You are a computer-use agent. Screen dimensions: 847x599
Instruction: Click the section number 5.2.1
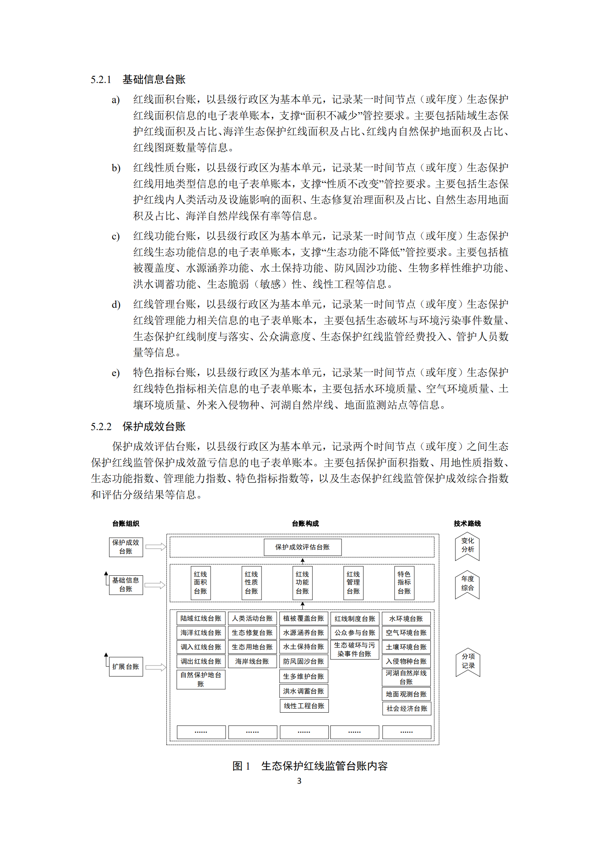click(101, 80)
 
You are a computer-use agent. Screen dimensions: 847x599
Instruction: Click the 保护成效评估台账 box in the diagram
click(302, 547)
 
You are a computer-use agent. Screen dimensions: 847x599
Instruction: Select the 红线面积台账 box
click(200, 583)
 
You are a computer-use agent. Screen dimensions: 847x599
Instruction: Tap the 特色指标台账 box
click(404, 583)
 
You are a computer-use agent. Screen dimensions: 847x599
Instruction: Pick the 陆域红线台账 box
click(201, 618)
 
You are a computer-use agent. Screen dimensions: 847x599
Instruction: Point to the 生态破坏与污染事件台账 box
click(354, 650)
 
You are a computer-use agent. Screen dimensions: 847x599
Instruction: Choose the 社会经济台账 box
click(407, 709)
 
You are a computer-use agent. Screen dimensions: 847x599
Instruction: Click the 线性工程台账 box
click(304, 706)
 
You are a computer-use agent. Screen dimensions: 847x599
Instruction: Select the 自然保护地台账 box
click(201, 679)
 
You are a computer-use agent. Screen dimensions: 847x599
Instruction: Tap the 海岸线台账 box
click(252, 661)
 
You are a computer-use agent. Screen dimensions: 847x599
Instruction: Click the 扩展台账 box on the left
click(126, 667)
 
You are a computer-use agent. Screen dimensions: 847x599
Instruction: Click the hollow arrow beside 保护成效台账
click(156, 547)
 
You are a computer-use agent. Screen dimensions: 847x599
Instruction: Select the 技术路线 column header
click(467, 523)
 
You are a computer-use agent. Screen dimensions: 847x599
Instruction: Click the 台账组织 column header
click(126, 523)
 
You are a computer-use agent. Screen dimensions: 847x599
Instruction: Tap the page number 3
click(299, 781)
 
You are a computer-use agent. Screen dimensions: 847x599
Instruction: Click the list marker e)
click(115, 373)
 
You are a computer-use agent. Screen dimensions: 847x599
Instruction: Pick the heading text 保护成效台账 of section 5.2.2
click(154, 427)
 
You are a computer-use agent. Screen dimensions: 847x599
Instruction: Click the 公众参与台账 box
click(354, 633)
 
